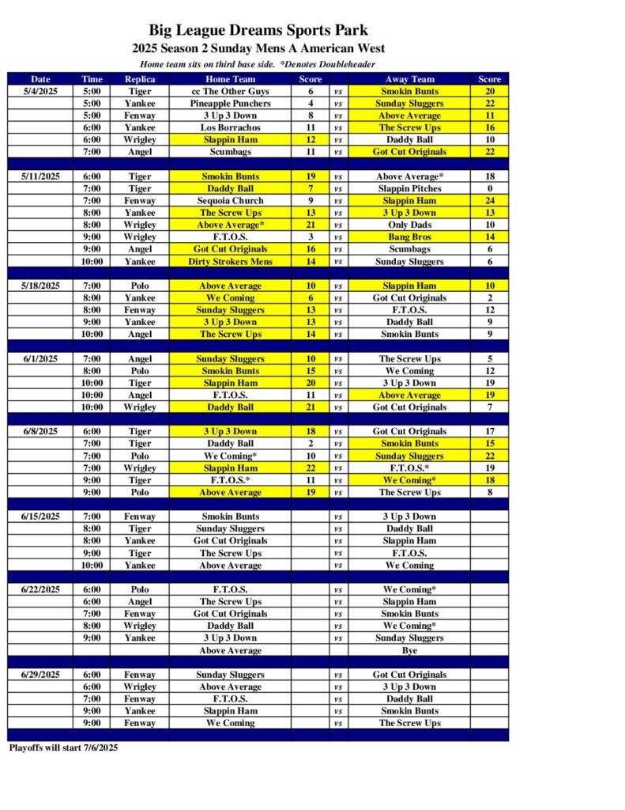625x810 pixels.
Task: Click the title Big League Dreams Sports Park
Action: point(258,31)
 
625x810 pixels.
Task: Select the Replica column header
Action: point(140,79)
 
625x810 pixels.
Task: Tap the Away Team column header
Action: point(409,79)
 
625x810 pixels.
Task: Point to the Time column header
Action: point(92,79)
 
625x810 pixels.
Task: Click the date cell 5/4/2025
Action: point(40,92)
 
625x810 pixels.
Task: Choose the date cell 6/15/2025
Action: point(40,517)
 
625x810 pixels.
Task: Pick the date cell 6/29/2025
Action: point(40,675)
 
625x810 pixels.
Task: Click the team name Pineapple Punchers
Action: point(230,104)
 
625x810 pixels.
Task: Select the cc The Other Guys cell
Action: point(230,92)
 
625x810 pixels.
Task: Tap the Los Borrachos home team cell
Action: point(230,127)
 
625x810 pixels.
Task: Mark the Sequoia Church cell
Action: point(230,201)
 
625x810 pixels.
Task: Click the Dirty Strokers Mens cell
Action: point(230,261)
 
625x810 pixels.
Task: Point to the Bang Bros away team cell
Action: point(409,237)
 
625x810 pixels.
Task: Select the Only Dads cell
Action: point(409,225)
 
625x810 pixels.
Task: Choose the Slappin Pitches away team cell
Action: point(409,188)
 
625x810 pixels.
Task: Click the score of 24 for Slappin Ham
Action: point(489,201)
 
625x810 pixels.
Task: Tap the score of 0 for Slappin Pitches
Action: point(489,188)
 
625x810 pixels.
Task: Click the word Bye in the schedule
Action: point(409,650)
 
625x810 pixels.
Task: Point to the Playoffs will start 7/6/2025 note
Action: point(63,748)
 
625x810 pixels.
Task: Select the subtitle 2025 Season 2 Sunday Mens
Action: point(258,48)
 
